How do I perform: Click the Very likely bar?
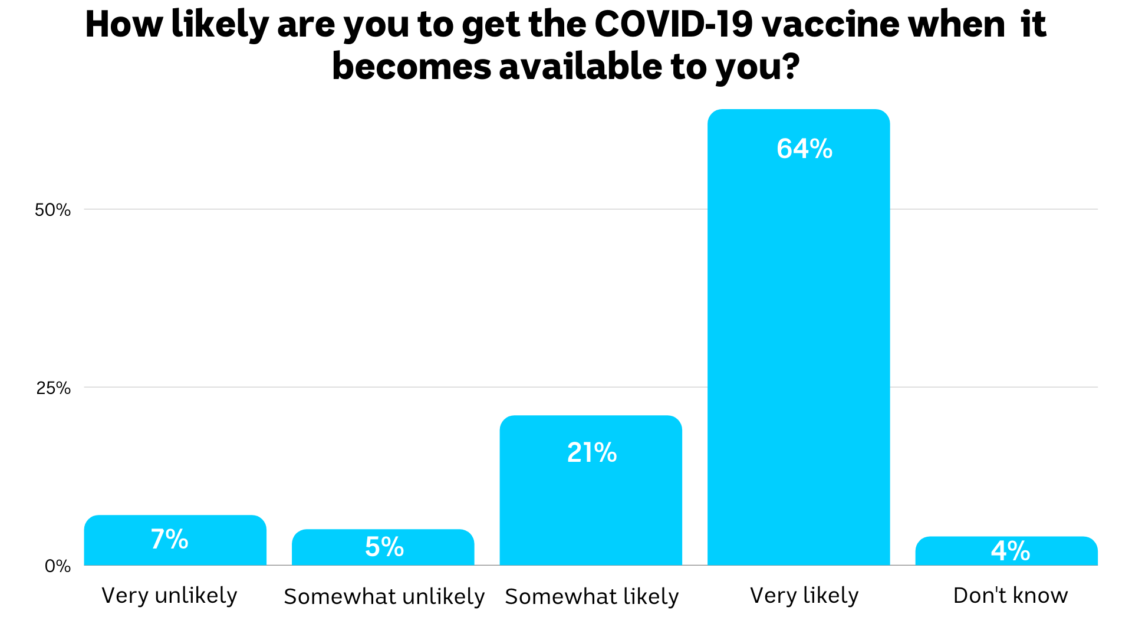(798, 354)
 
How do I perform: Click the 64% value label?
(804, 149)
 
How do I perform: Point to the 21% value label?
(591, 453)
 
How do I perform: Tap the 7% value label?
(169, 539)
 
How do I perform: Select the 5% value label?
(384, 547)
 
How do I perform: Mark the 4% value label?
(1010, 551)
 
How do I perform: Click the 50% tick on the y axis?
(52, 210)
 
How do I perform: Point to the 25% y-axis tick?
(53, 388)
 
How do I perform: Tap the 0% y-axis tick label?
(57, 566)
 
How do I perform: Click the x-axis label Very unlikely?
(169, 596)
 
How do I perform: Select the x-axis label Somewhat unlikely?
(384, 597)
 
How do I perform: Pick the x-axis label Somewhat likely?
(591, 597)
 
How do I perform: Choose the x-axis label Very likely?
(804, 596)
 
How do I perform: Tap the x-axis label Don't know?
(1010, 596)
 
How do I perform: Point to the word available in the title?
(580, 66)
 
